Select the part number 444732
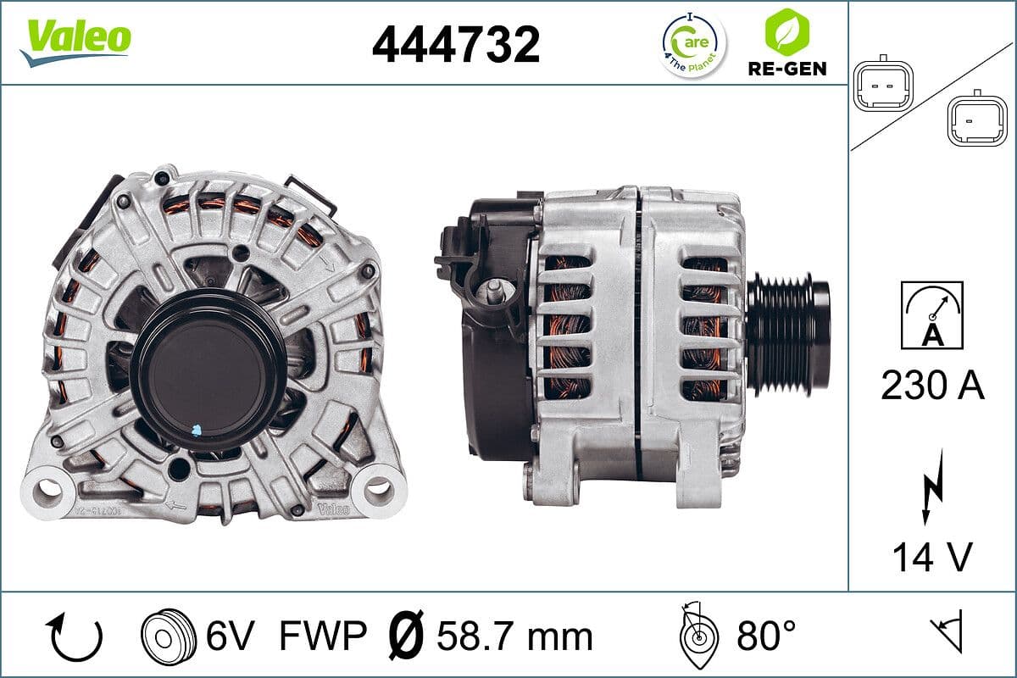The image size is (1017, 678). coord(455,44)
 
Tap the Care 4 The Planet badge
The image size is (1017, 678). coord(692,44)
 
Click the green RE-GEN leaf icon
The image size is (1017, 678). coord(786,32)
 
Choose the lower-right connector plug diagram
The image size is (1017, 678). coord(976,119)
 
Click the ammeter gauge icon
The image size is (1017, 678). coord(931,314)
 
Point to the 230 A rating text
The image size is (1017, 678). coord(932,386)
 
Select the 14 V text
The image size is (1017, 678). coord(931,557)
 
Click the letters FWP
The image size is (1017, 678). coord(322,636)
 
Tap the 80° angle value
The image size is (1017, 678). coord(766,636)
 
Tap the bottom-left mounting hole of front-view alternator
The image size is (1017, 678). coord(48,488)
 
